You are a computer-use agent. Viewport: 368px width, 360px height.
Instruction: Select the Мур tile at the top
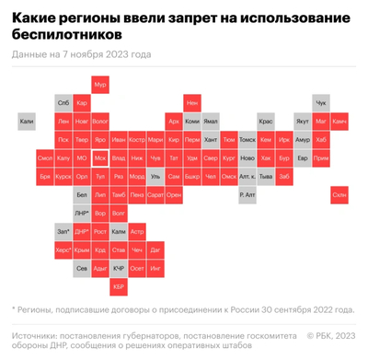pyautogui.click(x=100, y=85)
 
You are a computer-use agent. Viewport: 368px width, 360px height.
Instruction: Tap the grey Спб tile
pyautogui.click(x=63, y=103)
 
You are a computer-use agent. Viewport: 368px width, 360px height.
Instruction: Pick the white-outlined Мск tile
pyautogui.click(x=100, y=157)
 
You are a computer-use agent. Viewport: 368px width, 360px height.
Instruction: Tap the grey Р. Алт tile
pyautogui.click(x=247, y=194)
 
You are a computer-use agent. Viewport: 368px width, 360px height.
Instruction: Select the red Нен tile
pyautogui.click(x=192, y=103)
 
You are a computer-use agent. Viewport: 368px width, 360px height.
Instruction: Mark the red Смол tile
pyautogui.click(x=45, y=157)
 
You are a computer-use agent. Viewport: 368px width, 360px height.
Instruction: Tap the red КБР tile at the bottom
pyautogui.click(x=119, y=285)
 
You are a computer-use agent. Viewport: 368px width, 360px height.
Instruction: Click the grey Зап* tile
pyautogui.click(x=63, y=230)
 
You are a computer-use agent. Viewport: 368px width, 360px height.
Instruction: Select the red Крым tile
pyautogui.click(x=82, y=249)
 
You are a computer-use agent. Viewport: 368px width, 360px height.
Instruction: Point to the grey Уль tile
pyautogui.click(x=155, y=176)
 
